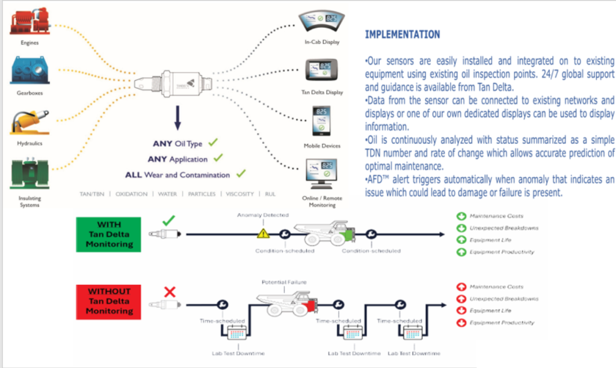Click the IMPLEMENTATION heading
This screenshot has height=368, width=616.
(402, 34)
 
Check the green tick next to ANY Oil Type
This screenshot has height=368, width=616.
(212, 143)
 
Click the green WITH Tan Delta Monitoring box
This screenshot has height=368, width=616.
(109, 235)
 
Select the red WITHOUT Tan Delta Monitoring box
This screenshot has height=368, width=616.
(109, 301)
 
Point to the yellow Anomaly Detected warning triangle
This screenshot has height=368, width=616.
(262, 232)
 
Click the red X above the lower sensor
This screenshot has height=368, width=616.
(170, 292)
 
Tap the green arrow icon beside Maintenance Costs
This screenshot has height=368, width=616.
(461, 216)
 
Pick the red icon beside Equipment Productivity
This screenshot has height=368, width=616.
(461, 323)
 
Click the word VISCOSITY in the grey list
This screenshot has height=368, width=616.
(239, 195)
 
